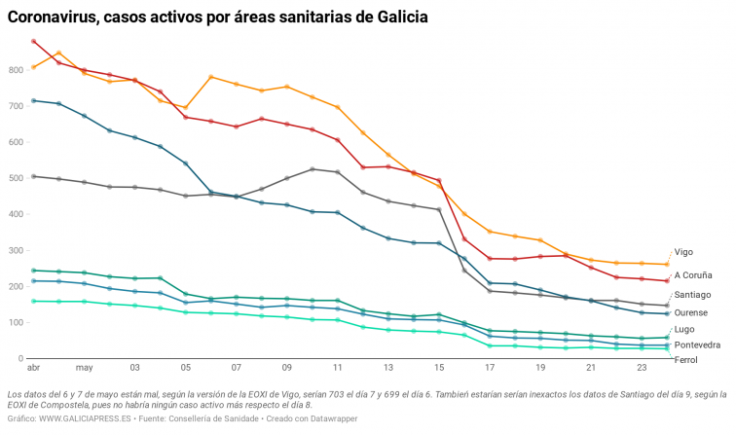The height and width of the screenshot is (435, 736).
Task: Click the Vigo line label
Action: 683,252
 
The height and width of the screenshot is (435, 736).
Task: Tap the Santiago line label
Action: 692,294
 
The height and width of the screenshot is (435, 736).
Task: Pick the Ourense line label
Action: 691,312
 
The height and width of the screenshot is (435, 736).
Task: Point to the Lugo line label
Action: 684,330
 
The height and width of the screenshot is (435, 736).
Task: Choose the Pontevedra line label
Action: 697,344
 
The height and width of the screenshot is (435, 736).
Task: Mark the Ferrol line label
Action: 685,360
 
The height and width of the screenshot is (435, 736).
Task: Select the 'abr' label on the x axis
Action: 33,369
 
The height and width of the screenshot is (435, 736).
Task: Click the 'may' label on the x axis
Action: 84,369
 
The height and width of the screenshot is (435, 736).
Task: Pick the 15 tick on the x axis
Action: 439,369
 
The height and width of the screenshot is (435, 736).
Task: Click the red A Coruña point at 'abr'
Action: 34,42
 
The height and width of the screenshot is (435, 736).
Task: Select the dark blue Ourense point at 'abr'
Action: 34,100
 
